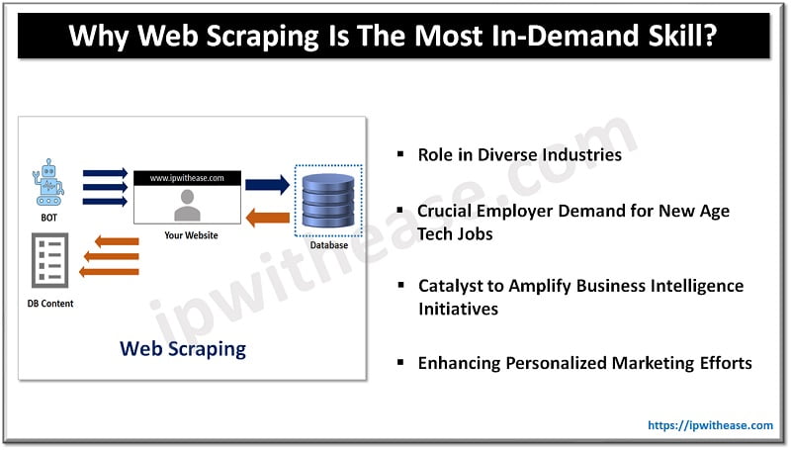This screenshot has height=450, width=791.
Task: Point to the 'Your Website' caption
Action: (191, 235)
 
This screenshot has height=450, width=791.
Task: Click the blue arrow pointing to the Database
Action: (267, 184)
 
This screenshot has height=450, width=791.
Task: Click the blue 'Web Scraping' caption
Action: (183, 348)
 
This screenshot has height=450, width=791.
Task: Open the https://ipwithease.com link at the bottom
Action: (710, 425)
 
